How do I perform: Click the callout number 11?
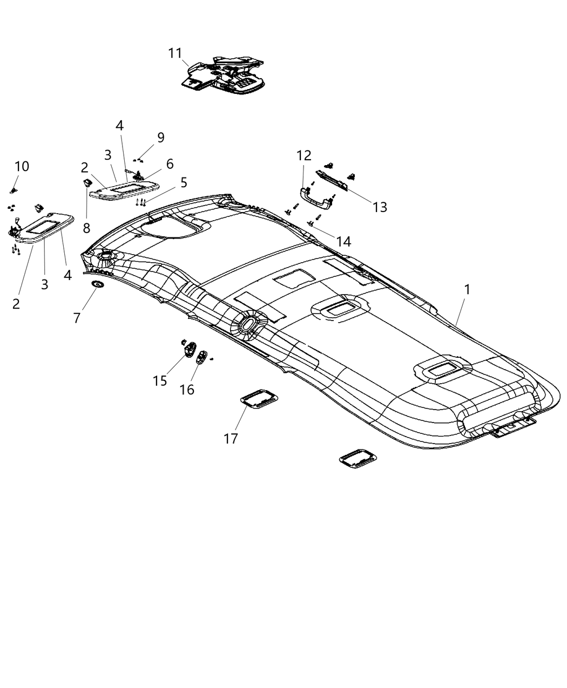coord(175,53)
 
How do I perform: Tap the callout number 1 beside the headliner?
coord(467,290)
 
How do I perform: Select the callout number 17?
coord(231,439)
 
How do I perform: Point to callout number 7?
coord(77,318)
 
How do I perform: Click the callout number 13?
coord(380,207)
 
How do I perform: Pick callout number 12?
coord(303,156)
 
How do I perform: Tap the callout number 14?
coord(343,241)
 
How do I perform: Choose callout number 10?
coord(22,166)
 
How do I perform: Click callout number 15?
coord(160,380)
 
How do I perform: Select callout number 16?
coord(187,389)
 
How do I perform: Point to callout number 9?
coord(160,138)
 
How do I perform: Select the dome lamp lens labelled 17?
coord(259,399)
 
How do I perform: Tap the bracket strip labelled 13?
coord(331,179)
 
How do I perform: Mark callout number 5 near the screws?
coord(184,182)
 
